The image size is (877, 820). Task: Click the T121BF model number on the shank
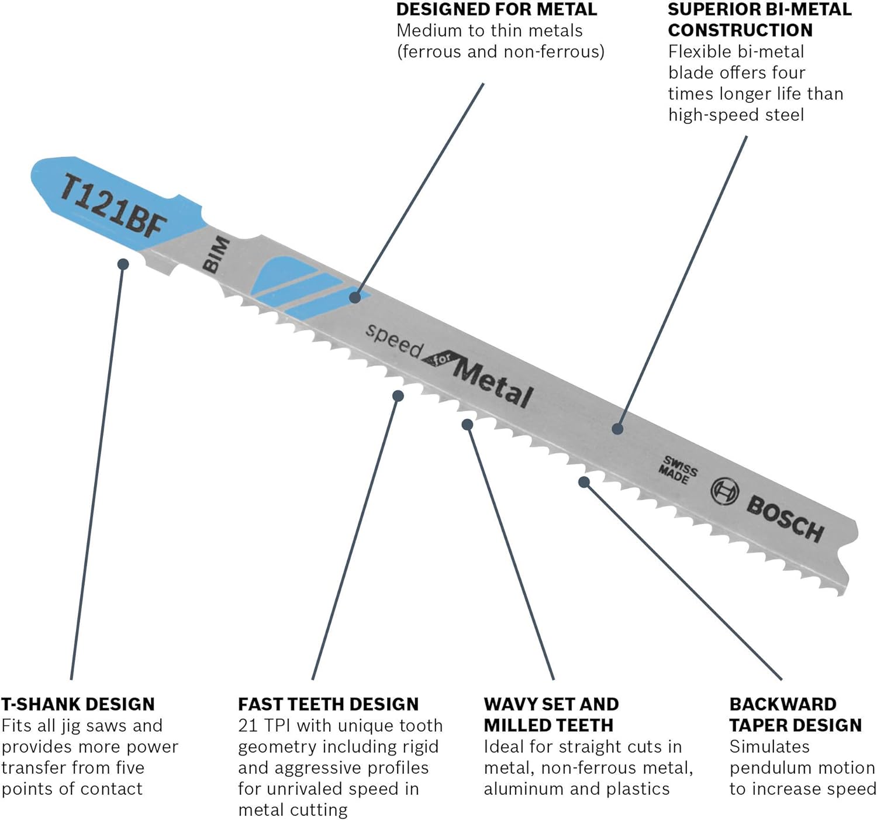coord(113,206)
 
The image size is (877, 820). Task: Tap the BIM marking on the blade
coord(216,254)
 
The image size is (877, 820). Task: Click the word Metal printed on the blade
coord(492,382)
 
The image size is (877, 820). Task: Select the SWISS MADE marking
coord(678,470)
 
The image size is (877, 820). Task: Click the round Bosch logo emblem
coord(724,491)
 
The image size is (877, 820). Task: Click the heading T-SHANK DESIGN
coord(78,704)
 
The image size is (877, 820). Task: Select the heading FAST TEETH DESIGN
coord(328,704)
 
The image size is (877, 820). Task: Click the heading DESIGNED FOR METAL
coord(497,9)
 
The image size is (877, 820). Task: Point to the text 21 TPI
coord(265,725)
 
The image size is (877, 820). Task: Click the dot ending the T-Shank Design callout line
coord(123,264)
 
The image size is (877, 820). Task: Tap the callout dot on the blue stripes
coord(355,297)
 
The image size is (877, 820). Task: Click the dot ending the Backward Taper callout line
coord(583,482)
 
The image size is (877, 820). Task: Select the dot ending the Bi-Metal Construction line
coord(617,429)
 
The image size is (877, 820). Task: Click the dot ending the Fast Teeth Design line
coord(398,396)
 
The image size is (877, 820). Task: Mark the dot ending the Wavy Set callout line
coord(467,425)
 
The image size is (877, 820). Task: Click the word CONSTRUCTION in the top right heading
coord(740,30)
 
